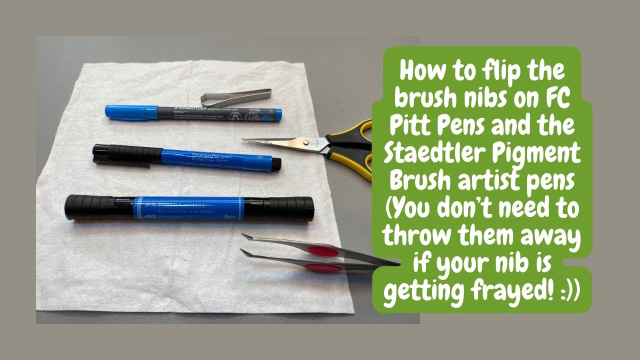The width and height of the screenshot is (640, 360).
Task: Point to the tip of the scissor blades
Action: tap(245, 140)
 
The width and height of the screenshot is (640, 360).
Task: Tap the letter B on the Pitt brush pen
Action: tap(259, 157)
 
